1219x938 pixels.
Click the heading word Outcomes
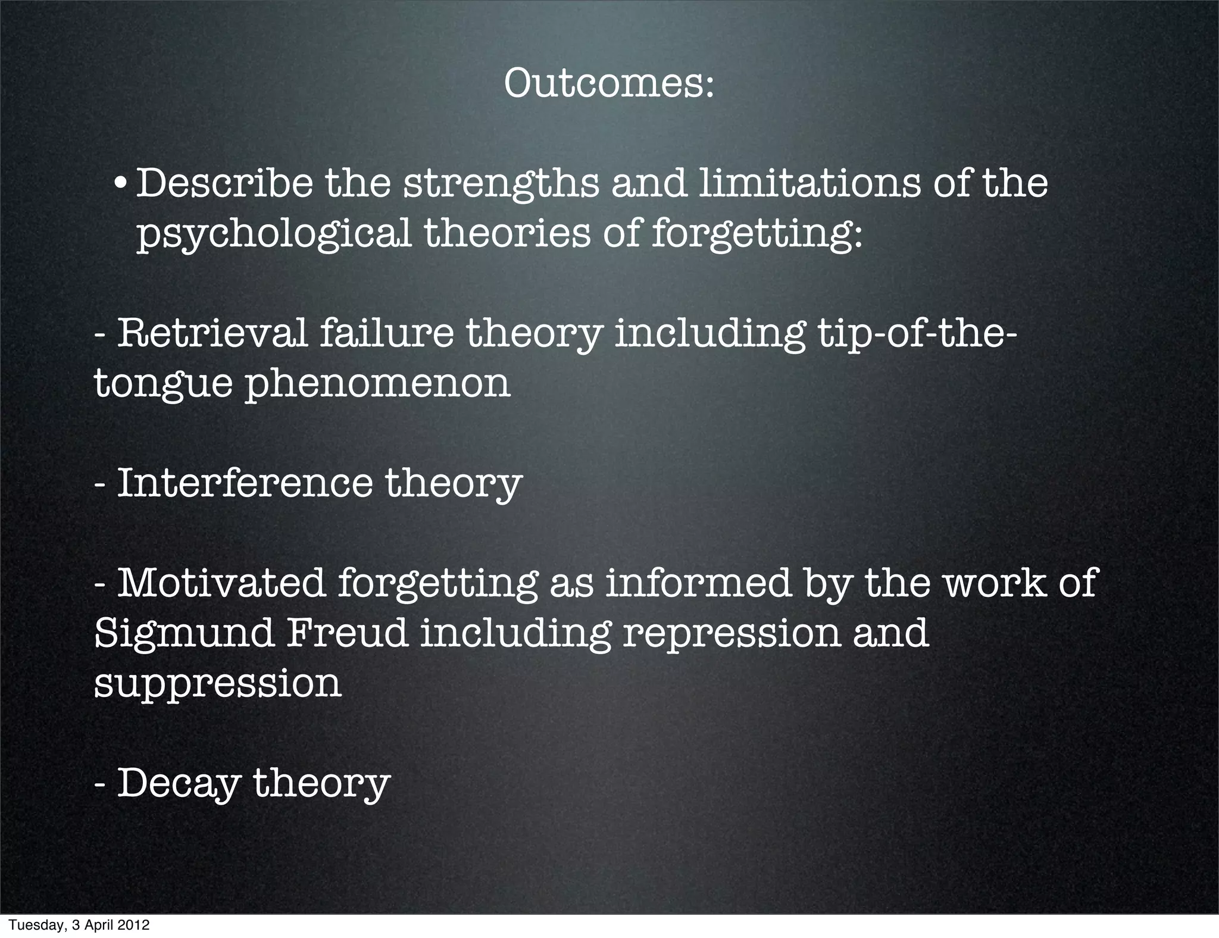click(x=608, y=84)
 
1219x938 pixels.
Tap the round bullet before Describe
click(x=120, y=184)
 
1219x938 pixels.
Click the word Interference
click(x=244, y=483)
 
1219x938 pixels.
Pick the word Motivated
click(x=221, y=583)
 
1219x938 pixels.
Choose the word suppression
click(x=218, y=684)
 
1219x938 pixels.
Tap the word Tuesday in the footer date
click(x=29, y=926)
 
